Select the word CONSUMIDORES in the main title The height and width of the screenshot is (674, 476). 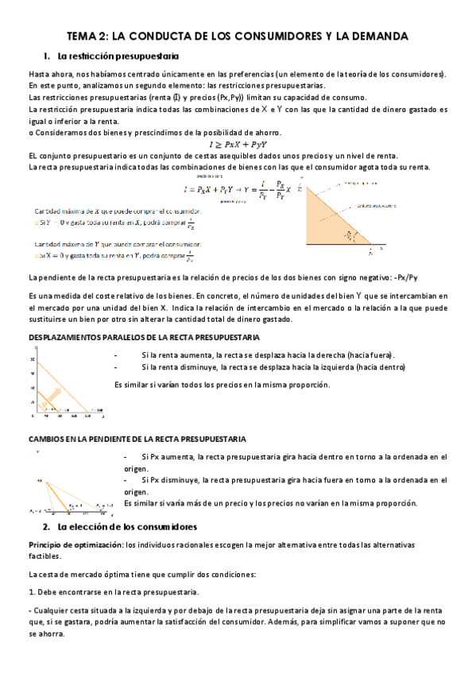[x=263, y=37]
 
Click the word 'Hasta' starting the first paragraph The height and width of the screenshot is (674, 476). [x=38, y=74]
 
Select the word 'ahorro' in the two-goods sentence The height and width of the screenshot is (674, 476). [x=262, y=131]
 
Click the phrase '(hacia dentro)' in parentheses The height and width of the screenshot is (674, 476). [x=381, y=367]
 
